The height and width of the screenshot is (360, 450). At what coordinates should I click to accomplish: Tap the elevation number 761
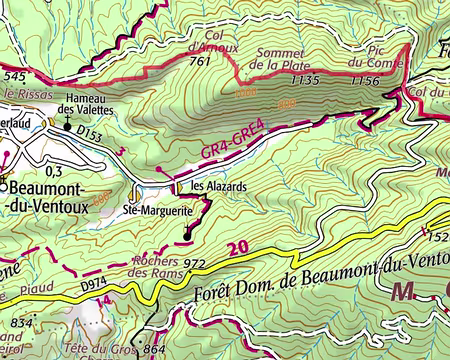[199, 62]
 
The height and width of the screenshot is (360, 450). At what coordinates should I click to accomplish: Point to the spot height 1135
[303, 79]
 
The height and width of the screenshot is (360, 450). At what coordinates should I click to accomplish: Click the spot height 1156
[366, 80]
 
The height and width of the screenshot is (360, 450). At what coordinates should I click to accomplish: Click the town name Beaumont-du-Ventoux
[46, 196]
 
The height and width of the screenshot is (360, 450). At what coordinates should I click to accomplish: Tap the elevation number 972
[194, 264]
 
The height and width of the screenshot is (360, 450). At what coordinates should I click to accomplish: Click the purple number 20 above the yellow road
[236, 249]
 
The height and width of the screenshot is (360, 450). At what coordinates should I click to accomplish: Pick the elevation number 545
[13, 75]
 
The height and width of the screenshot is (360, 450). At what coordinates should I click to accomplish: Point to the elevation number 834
[18, 323]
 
